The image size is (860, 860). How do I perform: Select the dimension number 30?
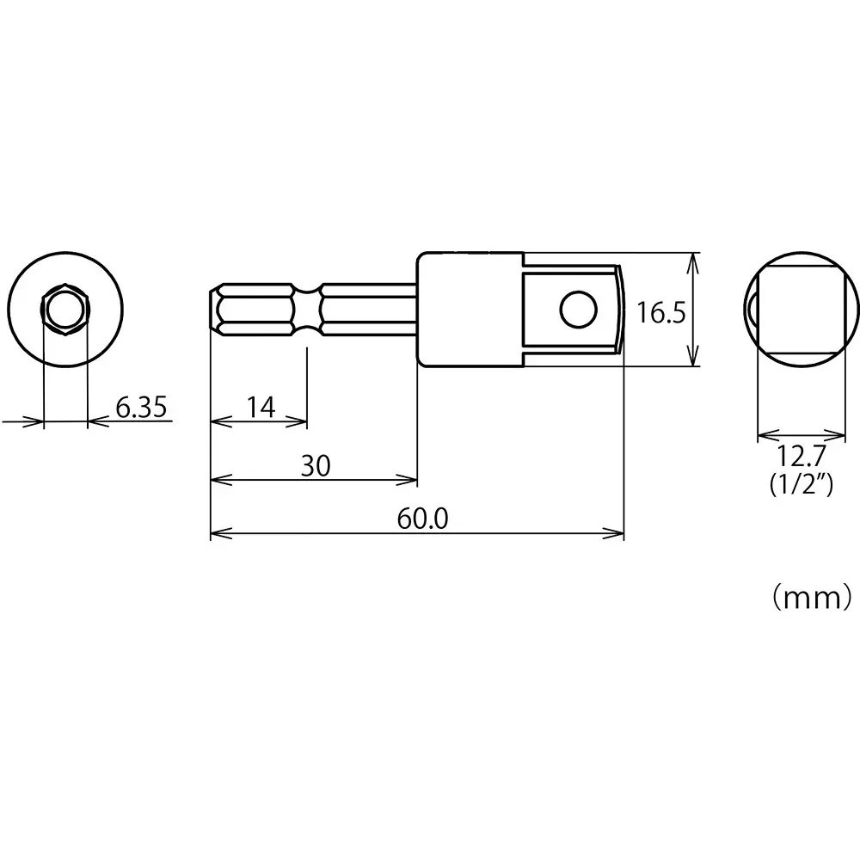click(315, 465)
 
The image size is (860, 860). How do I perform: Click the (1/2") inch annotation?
click(800, 486)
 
